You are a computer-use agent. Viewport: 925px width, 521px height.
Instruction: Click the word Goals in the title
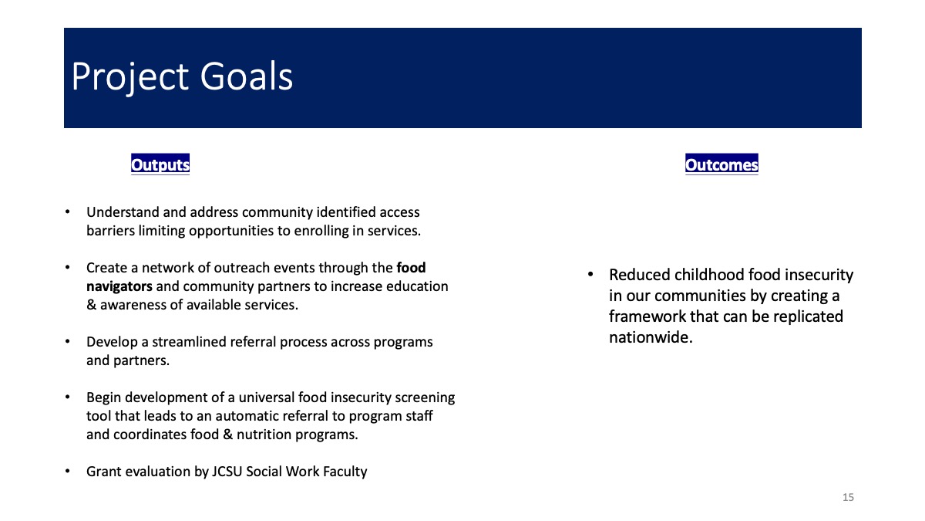point(247,76)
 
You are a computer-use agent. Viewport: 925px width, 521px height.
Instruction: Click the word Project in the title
point(130,78)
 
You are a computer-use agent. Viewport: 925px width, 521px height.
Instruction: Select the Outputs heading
point(160,164)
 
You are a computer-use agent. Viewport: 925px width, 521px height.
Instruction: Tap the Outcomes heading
point(721,164)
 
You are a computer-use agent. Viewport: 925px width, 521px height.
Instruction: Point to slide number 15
point(848,497)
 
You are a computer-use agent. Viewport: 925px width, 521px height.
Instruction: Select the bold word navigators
point(119,286)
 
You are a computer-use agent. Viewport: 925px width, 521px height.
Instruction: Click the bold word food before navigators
point(411,268)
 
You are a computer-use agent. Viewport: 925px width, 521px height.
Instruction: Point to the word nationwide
point(651,337)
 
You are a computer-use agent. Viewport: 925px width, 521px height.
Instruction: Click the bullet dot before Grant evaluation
point(68,471)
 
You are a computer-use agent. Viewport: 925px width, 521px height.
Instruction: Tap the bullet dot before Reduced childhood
point(590,274)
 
